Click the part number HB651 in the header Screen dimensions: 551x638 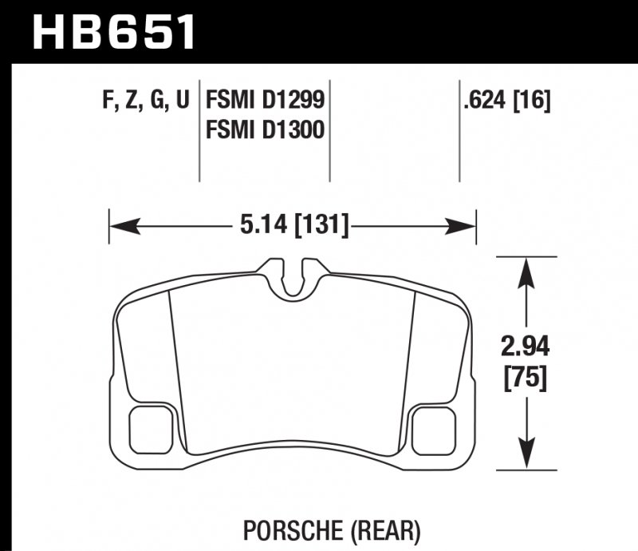[112, 31]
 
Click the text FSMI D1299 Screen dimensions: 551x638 [266, 100]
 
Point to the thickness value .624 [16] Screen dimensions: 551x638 [506, 100]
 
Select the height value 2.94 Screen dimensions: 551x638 [524, 348]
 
